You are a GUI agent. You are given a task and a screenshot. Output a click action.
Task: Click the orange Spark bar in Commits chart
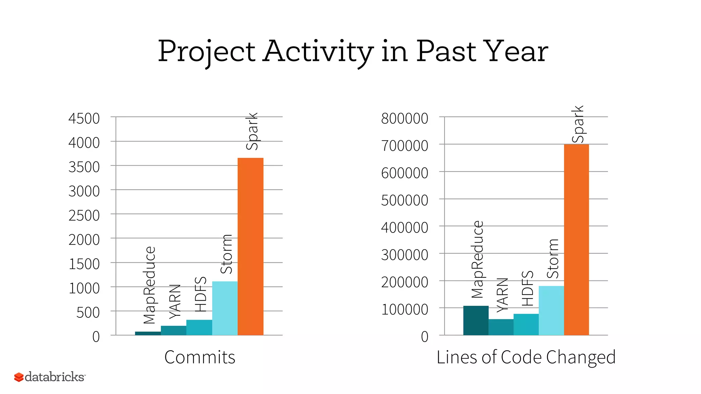251,246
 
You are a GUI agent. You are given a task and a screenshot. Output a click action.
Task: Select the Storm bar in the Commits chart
225,308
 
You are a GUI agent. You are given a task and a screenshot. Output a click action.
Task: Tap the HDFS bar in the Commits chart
199,327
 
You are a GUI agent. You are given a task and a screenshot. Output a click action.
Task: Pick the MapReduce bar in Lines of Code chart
476,320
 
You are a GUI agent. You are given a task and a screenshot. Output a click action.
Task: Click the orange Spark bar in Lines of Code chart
576,239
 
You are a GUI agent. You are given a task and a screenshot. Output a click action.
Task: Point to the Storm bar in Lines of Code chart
551,310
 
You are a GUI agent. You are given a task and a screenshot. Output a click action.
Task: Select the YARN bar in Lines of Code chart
501,327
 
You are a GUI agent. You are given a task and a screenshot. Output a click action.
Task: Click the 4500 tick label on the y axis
84,119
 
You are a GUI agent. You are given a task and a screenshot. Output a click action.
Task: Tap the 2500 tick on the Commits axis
84,216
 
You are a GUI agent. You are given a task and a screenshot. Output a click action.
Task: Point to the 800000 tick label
405,119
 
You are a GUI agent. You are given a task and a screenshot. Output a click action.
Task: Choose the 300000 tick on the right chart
405,255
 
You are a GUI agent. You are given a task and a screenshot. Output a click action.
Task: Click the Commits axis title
200,357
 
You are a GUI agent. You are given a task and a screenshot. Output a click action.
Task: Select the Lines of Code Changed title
526,357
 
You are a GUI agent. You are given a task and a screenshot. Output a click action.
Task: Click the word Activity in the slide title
318,52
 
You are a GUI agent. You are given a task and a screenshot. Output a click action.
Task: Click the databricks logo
50,377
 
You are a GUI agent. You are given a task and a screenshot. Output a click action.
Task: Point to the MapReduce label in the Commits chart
150,285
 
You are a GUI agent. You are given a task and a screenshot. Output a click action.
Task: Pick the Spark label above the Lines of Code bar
578,124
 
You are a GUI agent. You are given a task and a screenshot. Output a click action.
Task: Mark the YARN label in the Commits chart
175,301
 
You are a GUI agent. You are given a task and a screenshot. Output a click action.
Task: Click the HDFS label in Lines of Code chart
527,288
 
